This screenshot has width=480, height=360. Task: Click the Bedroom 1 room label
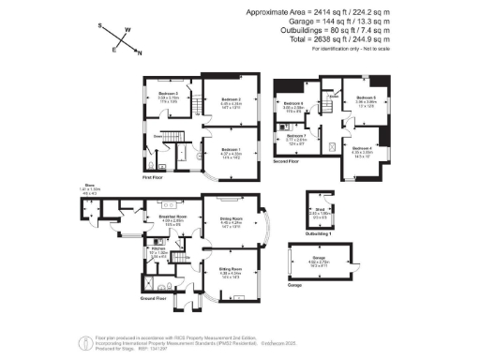231,147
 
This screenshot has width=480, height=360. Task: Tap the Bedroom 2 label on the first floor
232,99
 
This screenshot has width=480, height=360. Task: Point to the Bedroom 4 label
363,149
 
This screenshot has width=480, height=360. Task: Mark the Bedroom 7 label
297,136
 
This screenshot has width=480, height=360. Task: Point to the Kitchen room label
158,248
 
